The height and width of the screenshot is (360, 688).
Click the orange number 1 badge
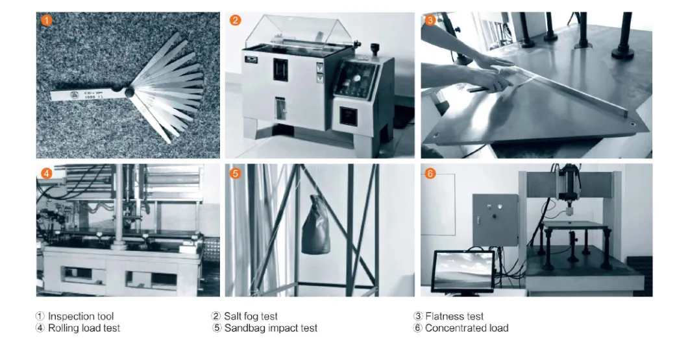point(46,20)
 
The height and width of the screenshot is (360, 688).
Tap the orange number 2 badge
point(236,20)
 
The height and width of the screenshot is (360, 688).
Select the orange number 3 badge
point(430,20)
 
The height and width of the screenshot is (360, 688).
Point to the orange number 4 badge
point(46,173)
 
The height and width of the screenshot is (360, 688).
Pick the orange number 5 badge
point(236,173)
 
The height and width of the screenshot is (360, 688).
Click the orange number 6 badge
point(430,173)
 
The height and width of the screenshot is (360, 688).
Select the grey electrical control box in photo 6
point(495,219)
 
